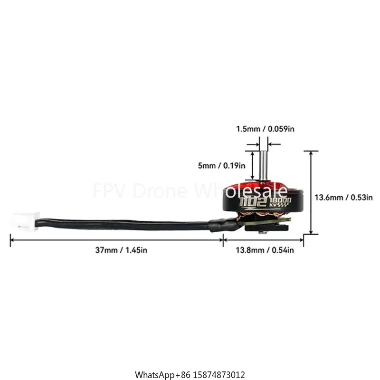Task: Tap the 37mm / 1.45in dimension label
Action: (x=121, y=250)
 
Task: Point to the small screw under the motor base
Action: (x=262, y=232)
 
